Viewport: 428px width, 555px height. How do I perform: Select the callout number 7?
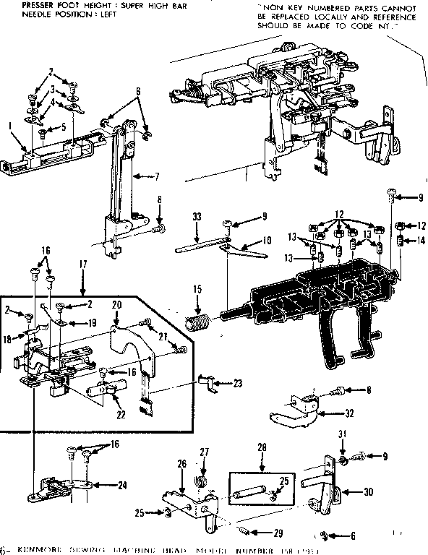click(x=156, y=176)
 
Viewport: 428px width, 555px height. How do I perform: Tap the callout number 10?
click(x=267, y=239)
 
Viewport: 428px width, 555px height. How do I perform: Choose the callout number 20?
click(x=116, y=306)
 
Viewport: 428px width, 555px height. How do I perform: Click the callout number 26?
click(x=182, y=464)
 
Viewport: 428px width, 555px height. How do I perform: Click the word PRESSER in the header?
click(x=22, y=4)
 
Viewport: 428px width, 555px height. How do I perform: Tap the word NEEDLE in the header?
click(x=19, y=13)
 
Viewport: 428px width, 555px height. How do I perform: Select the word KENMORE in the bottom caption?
click(x=36, y=550)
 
